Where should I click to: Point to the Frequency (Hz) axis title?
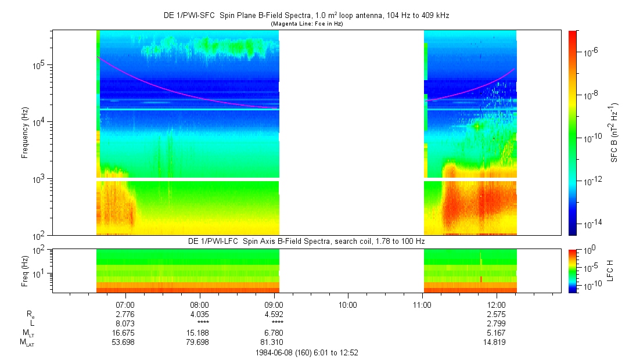(25, 133)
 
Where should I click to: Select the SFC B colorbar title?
(613, 133)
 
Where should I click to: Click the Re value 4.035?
(200, 314)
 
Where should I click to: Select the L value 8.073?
(125, 323)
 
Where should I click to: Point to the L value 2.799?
(496, 323)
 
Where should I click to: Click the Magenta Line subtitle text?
(306, 23)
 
